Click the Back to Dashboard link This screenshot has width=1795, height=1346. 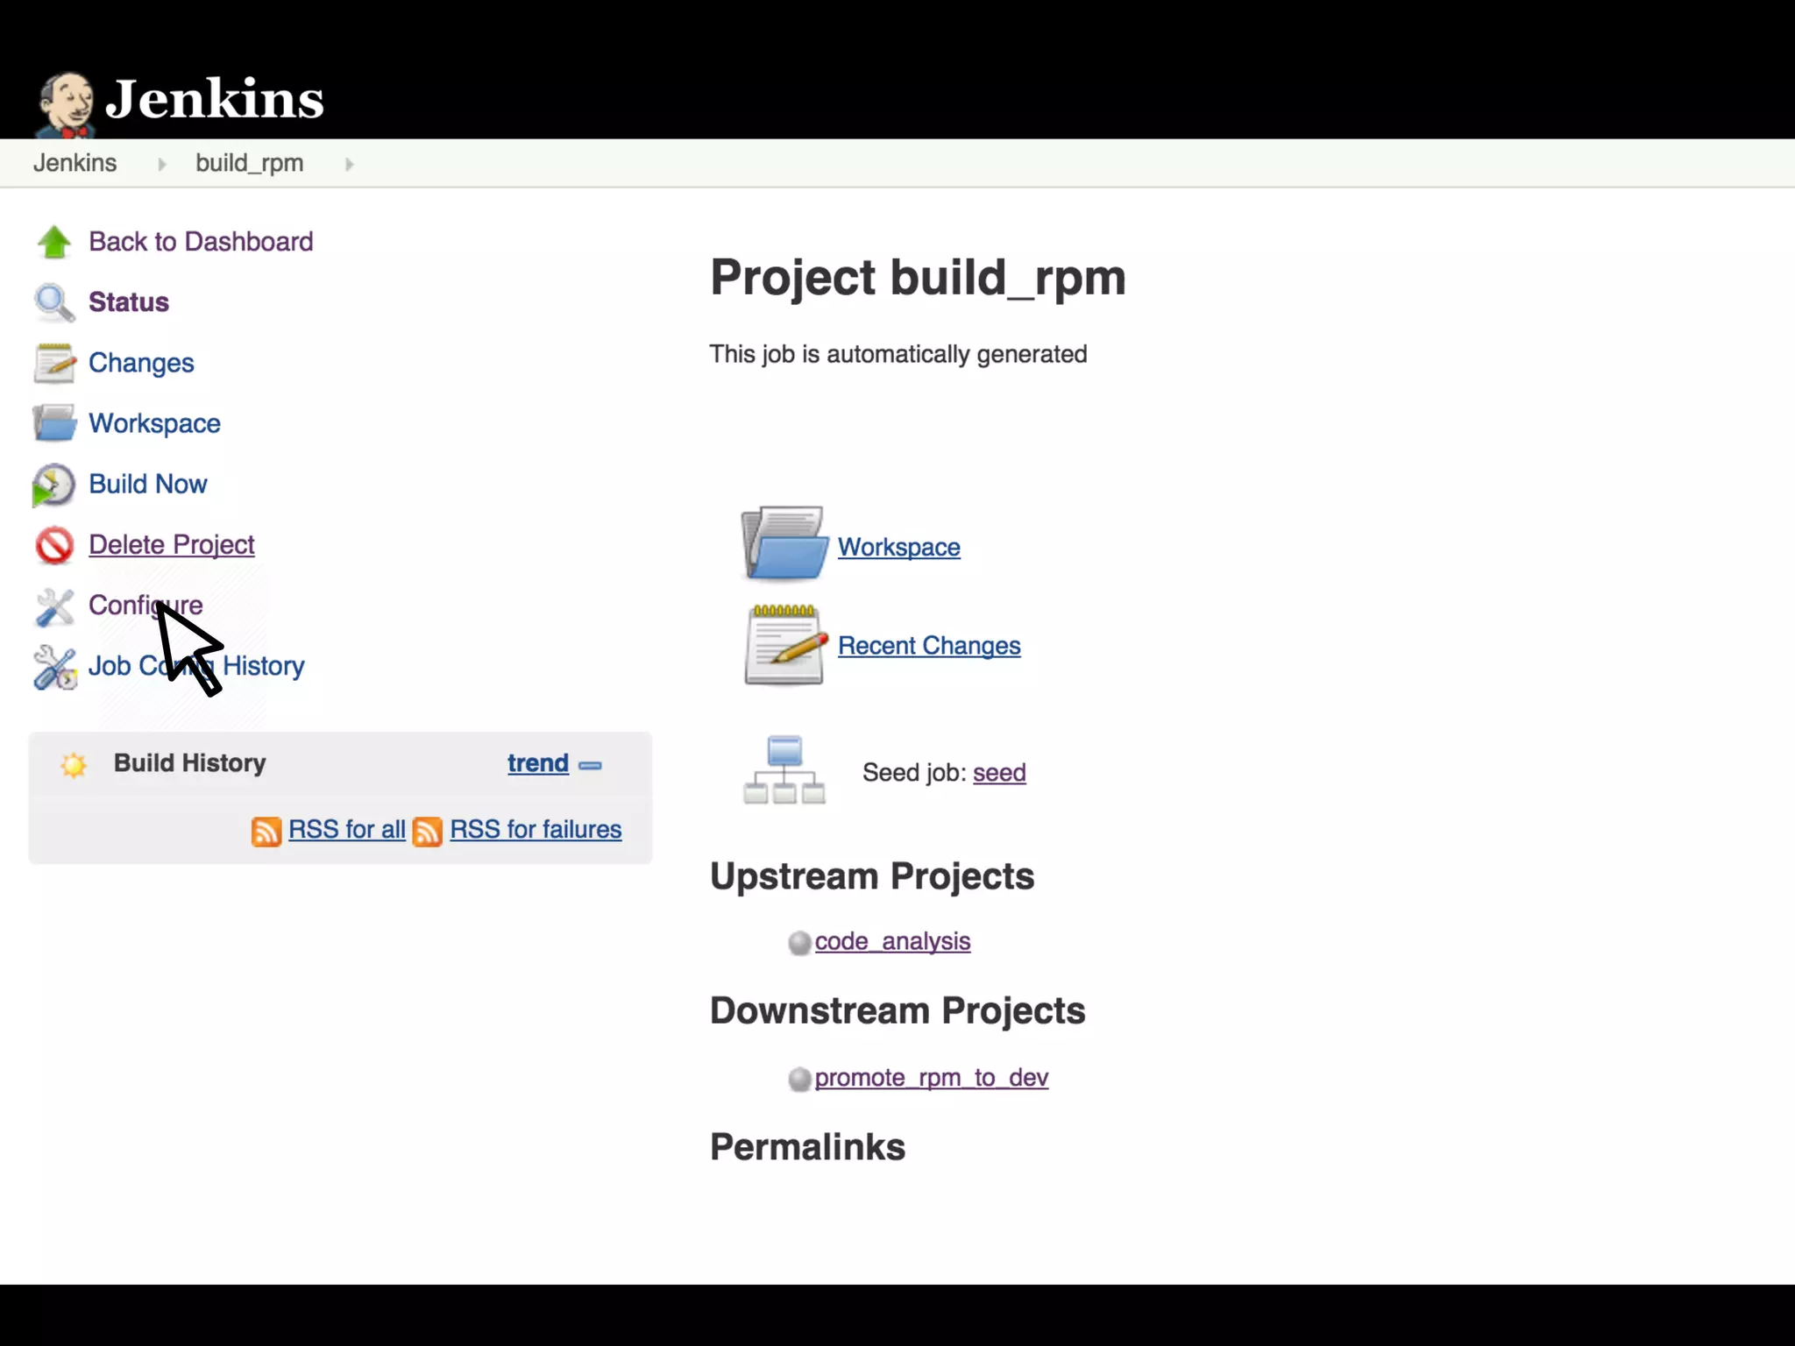[200, 242]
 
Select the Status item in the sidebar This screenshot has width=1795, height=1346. [128, 302]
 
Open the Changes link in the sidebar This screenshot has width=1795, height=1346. [141, 363]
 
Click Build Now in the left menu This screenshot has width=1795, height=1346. [147, 484]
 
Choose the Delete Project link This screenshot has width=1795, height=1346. [171, 544]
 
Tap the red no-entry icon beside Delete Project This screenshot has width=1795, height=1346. [54, 545]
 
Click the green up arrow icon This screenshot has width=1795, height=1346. [54, 242]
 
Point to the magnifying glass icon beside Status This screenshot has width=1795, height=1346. [54, 302]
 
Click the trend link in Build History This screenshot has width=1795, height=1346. [537, 763]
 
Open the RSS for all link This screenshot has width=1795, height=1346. [346, 829]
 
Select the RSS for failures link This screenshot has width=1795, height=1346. [536, 829]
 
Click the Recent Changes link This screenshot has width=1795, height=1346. [929, 646]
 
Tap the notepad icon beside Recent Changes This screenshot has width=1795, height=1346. [784, 645]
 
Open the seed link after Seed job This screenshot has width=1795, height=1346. [999, 773]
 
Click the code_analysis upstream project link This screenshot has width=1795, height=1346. [892, 941]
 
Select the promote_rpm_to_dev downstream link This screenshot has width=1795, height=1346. [931, 1078]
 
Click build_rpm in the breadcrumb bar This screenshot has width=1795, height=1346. [249, 163]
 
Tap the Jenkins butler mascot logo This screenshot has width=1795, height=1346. [66, 103]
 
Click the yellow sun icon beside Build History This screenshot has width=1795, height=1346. [74, 765]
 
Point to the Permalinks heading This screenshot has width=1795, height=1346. [807, 1147]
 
